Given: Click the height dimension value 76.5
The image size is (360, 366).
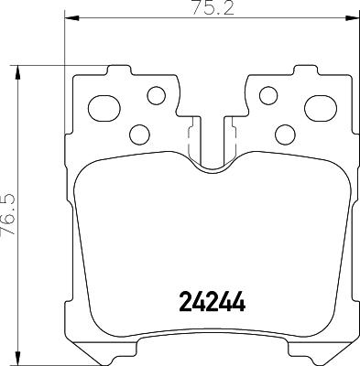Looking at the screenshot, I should (10, 211).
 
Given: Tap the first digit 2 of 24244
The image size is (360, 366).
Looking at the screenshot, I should (181, 301).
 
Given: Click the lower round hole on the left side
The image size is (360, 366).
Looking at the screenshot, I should (140, 134).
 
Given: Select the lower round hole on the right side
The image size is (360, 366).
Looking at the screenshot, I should (284, 134).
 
